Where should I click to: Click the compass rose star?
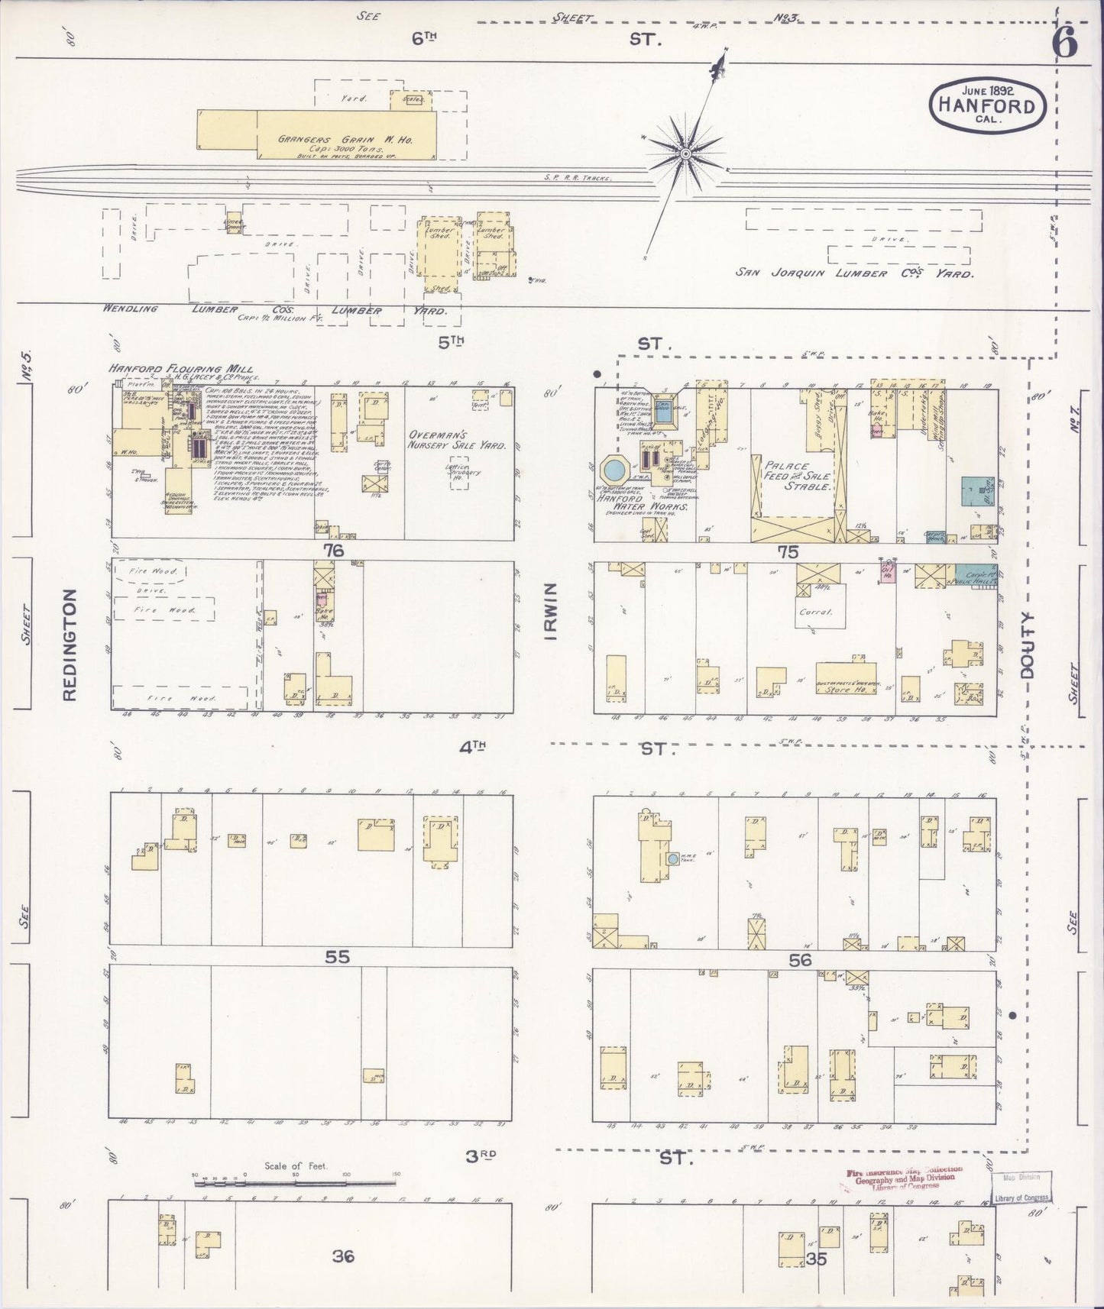click(686, 154)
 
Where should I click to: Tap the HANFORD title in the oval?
click(986, 106)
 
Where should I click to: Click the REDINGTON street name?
click(70, 645)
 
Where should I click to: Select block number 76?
click(333, 551)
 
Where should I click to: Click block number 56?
click(800, 960)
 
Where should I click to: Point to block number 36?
click(343, 1256)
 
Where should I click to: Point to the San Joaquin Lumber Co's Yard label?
click(854, 273)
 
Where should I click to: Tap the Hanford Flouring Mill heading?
click(180, 369)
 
